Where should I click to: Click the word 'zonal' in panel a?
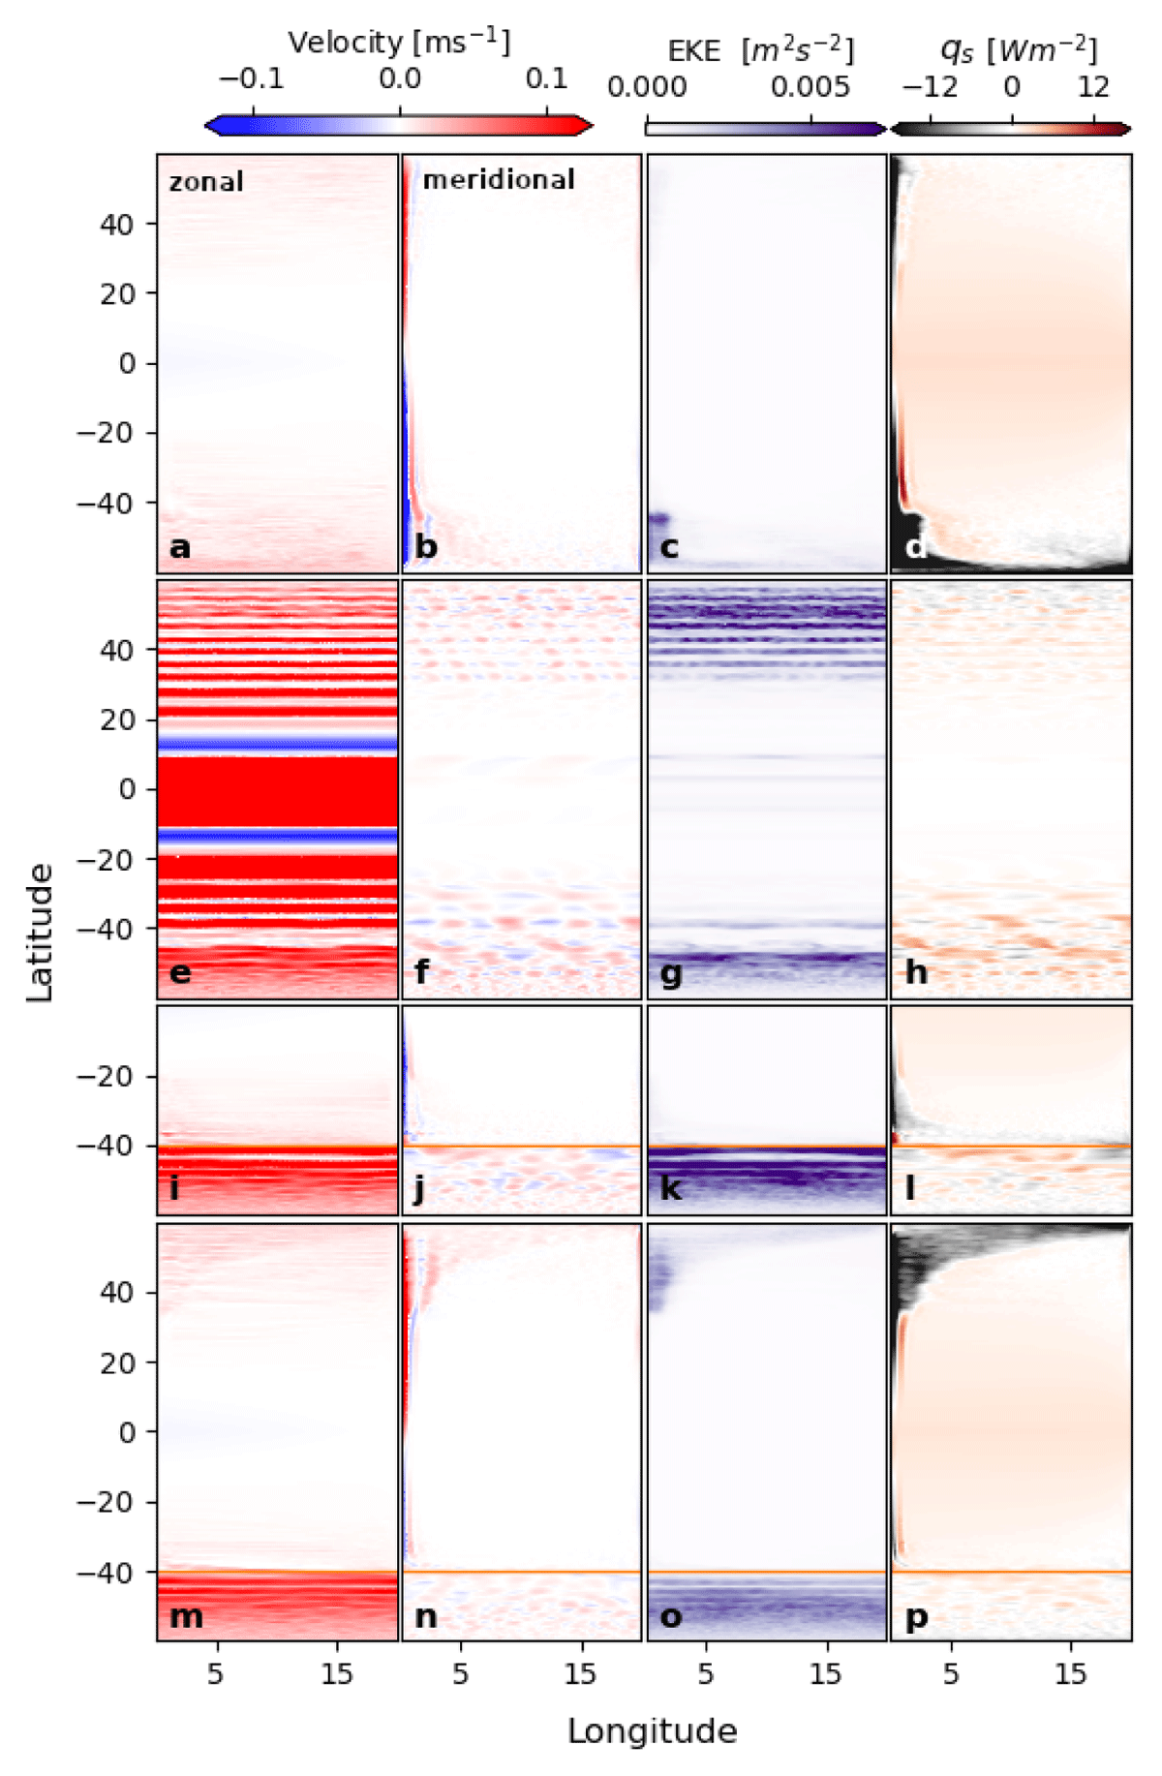coord(206,182)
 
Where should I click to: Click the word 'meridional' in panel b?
coord(499,179)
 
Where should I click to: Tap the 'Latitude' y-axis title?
coord(40,934)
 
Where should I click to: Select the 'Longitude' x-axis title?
coord(653,1731)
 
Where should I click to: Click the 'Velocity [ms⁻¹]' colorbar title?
coord(399,43)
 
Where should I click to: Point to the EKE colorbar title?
coord(760,50)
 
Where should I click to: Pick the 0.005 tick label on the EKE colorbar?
coord(810,87)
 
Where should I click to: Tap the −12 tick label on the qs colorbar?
coord(930,87)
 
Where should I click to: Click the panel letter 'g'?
coord(670,973)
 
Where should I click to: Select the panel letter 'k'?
coord(670,1188)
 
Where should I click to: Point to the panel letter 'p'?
coord(916,1618)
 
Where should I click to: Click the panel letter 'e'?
coord(180,971)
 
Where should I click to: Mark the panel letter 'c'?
coord(669,547)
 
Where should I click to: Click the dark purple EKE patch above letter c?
coord(658,519)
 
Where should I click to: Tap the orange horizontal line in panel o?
coord(767,1572)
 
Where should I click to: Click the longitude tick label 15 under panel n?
coord(581,1674)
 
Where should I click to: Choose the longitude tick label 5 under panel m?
coord(215,1674)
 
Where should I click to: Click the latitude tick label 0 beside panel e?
coord(127,790)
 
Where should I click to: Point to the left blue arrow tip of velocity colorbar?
coord(206,124)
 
